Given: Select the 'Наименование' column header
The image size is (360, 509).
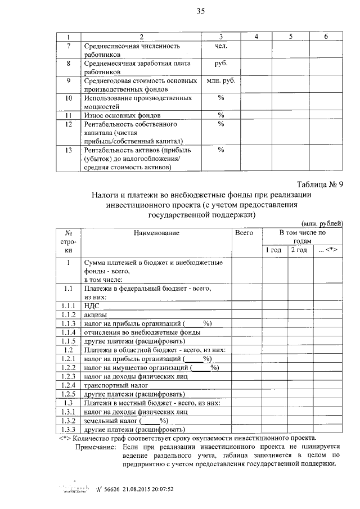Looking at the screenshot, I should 156,232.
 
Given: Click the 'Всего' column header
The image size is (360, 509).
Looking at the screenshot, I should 244,232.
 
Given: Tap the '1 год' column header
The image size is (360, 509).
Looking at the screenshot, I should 273,250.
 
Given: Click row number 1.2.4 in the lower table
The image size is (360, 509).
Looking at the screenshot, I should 68,385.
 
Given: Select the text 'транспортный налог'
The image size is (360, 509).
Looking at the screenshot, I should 116,385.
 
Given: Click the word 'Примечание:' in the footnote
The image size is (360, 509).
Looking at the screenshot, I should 96,447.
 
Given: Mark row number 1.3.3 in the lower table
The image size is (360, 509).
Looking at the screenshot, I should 68,430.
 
